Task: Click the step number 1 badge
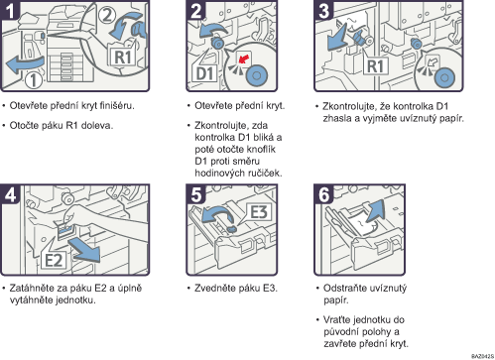[10, 10]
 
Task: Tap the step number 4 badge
[10, 194]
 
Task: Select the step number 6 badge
[323, 194]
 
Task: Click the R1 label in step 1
[123, 57]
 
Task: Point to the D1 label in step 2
[205, 73]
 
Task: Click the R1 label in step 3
[375, 66]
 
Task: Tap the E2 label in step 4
[54, 260]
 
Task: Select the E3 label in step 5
[259, 212]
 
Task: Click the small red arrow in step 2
[244, 59]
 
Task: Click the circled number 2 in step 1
[107, 15]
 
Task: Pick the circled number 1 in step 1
[34, 80]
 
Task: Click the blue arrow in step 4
[85, 251]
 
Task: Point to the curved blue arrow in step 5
[216, 213]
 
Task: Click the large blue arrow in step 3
[337, 38]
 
